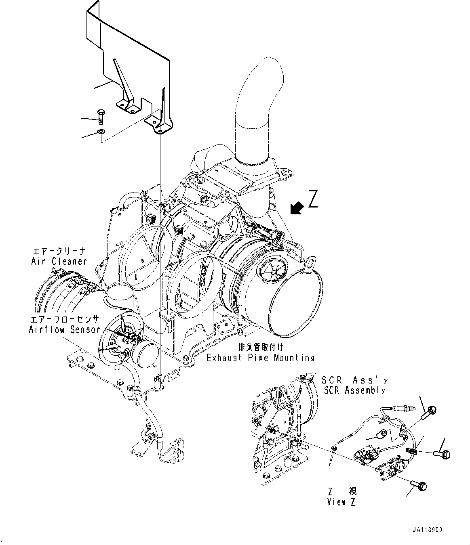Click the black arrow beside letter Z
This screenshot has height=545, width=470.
[297, 208]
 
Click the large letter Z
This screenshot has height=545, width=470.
[313, 199]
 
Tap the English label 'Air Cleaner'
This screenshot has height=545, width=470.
[59, 261]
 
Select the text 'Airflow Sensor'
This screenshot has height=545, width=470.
[64, 329]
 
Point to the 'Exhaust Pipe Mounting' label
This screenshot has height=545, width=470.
[260, 358]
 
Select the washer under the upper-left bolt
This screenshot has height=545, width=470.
[101, 131]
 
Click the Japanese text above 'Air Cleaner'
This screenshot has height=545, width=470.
[59, 251]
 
